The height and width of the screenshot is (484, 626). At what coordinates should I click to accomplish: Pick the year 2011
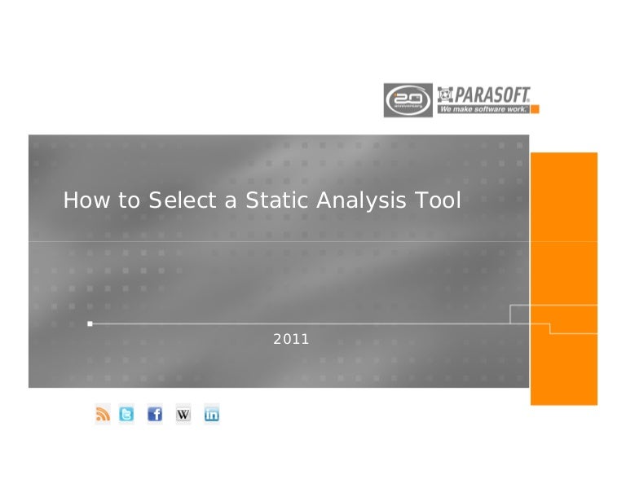click(291, 339)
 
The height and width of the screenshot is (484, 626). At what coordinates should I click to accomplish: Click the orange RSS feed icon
click(103, 415)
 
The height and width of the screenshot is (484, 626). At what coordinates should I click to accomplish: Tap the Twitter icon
click(126, 415)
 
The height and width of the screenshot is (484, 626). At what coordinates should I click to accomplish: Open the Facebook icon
click(155, 415)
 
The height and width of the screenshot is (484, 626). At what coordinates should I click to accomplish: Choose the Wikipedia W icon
click(183, 415)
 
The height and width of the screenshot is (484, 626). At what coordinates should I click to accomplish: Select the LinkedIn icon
click(212, 415)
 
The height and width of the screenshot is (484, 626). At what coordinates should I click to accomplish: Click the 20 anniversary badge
click(408, 100)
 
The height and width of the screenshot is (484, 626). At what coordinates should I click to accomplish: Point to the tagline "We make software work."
click(484, 108)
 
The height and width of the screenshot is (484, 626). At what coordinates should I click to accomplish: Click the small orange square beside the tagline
click(535, 108)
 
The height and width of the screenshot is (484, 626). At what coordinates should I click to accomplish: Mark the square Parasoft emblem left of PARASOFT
click(445, 94)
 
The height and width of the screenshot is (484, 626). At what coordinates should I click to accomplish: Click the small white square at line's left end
click(90, 323)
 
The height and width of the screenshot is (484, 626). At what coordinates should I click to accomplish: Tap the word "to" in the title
click(129, 200)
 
